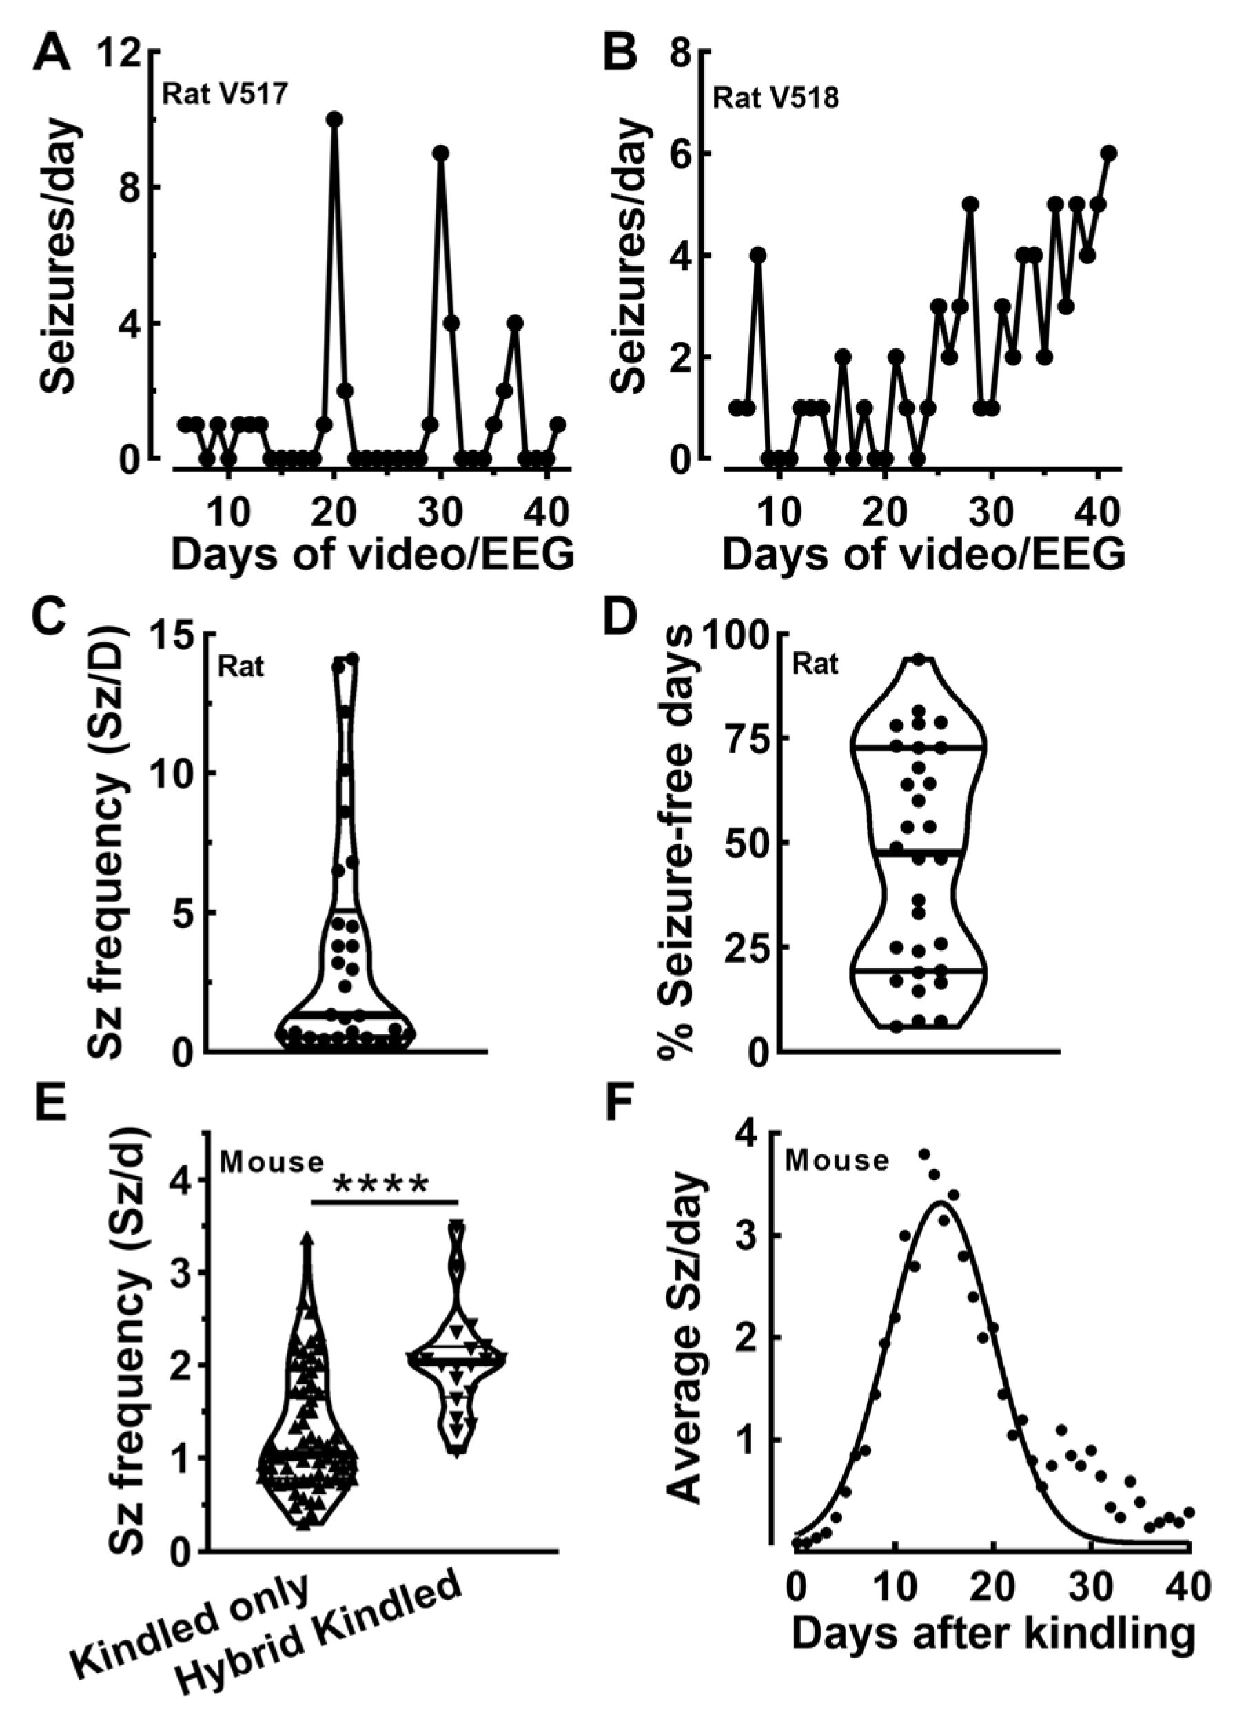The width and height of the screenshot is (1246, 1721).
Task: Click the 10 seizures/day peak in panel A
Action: pos(334,119)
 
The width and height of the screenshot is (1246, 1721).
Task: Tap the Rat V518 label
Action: pos(776,98)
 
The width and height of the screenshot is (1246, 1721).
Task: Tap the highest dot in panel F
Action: pos(925,1154)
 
